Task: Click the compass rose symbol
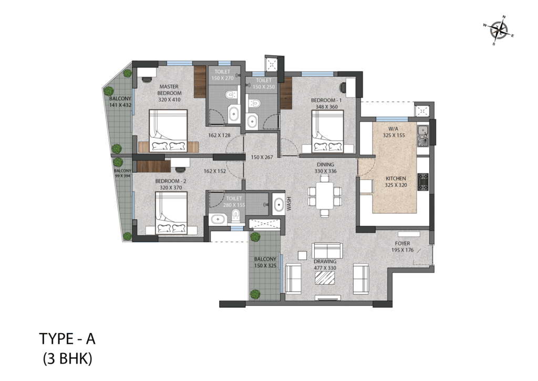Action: coord(499,31)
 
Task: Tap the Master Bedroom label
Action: coord(170,89)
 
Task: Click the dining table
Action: coord(325,196)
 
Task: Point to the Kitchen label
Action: coord(396,178)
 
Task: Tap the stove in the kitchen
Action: coord(423,182)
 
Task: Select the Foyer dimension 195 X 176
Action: coord(402,250)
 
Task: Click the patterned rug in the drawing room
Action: coord(325,278)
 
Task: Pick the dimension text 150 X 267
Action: coord(262,157)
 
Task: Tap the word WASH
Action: coord(289,204)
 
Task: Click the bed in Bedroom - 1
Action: coord(327,131)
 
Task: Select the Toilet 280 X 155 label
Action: coord(234,202)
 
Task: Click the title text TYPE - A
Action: coord(67,339)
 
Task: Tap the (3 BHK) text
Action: coord(68,359)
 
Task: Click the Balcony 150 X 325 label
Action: coord(265,262)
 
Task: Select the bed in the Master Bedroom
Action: coord(169,131)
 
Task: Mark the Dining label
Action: coord(325,165)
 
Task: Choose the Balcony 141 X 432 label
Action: coord(120,102)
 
